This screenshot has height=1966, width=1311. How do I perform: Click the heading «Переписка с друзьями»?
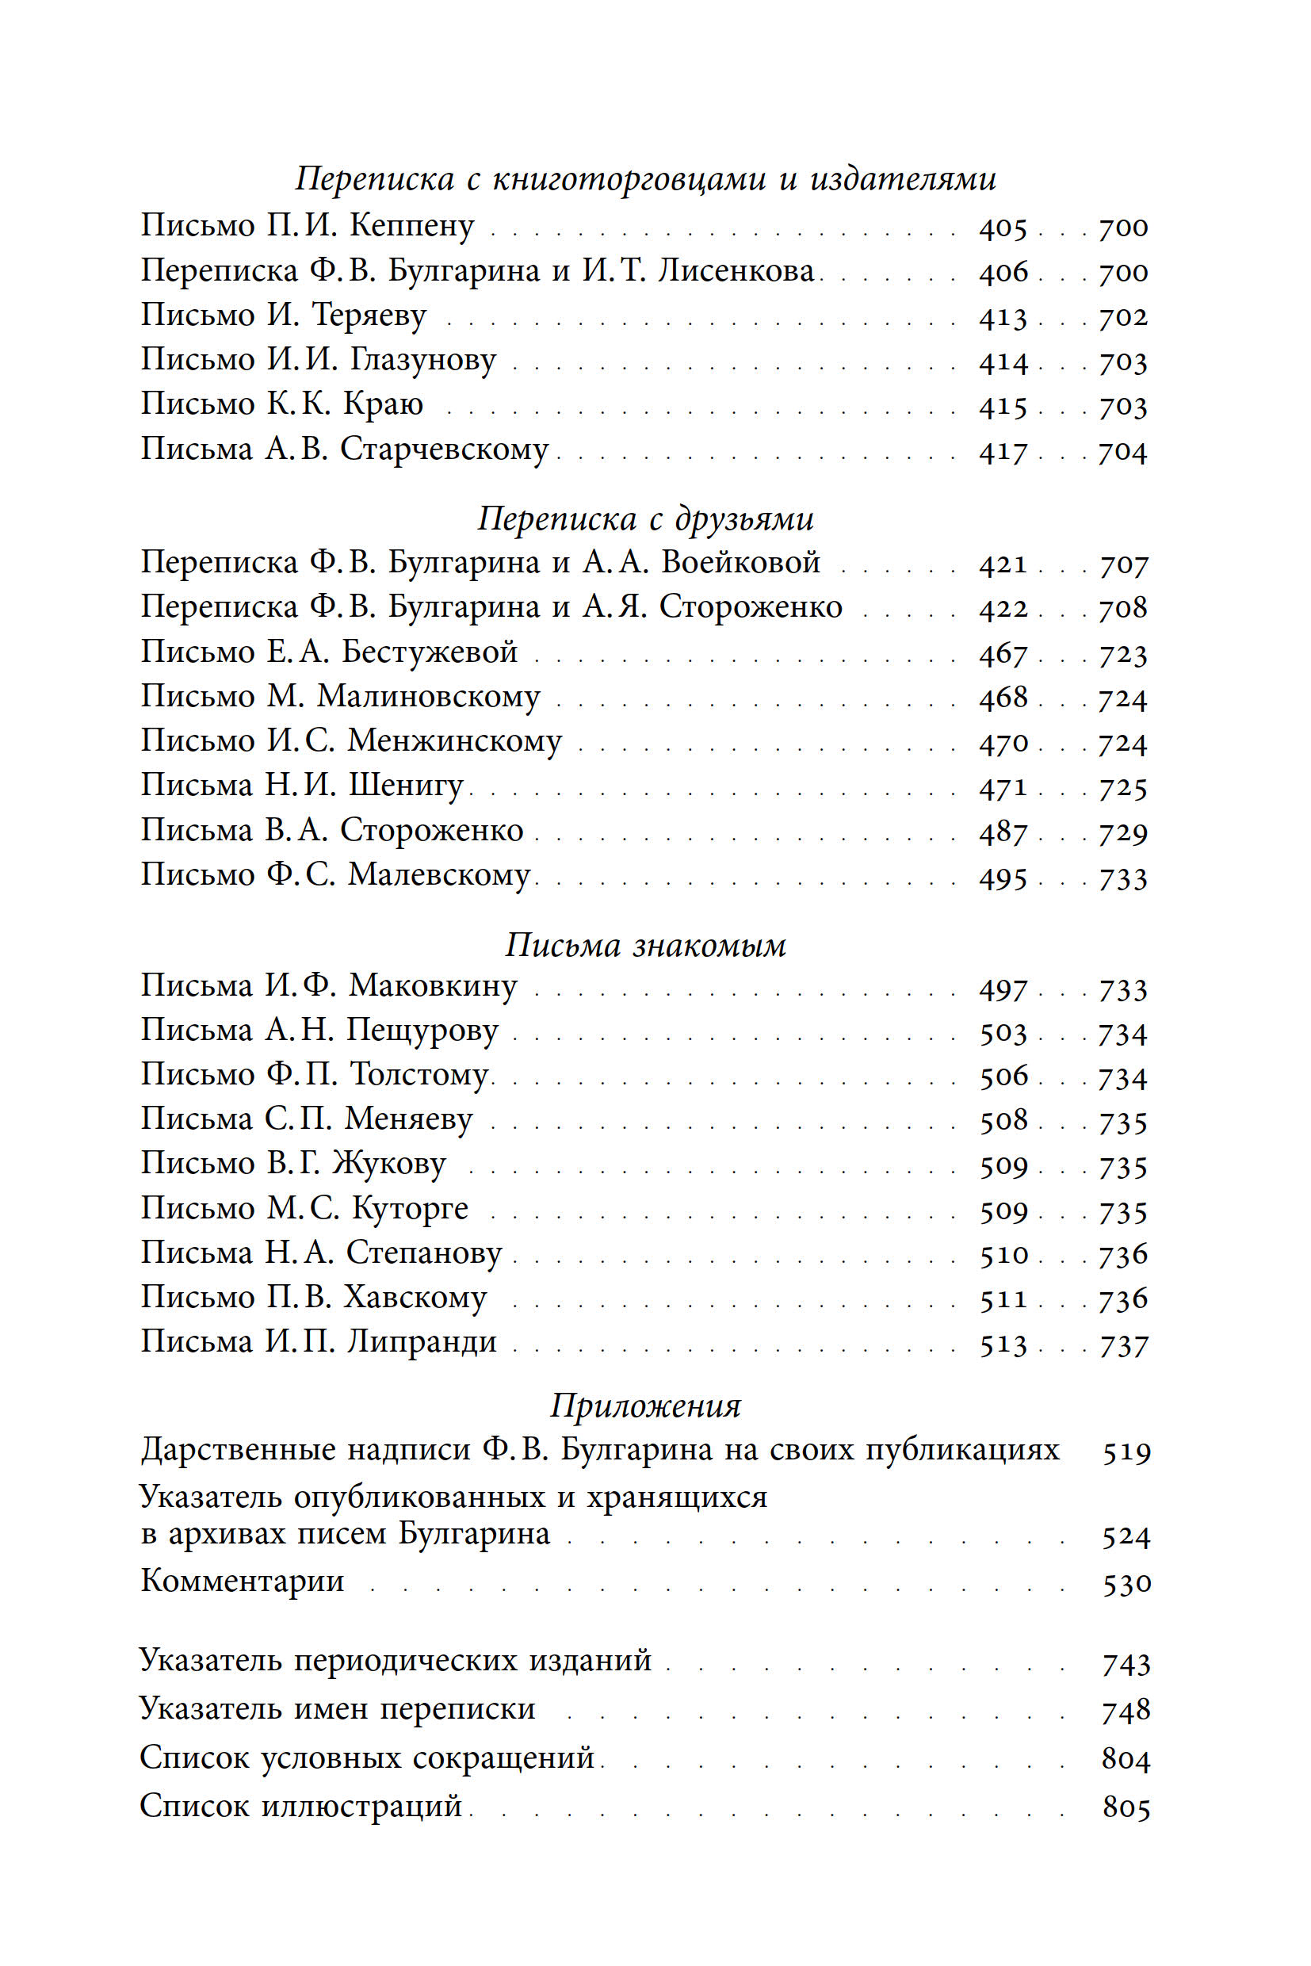[645, 518]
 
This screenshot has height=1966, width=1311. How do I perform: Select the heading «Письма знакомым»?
[645, 945]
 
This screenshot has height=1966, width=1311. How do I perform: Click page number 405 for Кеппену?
[1003, 228]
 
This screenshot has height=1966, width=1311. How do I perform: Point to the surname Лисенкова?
[735, 271]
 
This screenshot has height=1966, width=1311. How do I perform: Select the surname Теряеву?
[369, 316]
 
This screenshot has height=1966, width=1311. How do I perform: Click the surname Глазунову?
[422, 361]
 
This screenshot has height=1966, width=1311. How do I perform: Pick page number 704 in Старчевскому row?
[1123, 452]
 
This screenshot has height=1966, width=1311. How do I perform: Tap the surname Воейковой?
[740, 563]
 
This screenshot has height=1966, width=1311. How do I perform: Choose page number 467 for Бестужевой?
[1003, 653]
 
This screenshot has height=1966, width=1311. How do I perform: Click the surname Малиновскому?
[429, 697]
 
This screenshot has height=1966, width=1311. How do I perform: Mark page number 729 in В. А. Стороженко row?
[1123, 832]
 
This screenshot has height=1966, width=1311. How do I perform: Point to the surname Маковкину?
[432, 986]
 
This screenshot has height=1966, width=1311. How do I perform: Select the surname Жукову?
[389, 1164]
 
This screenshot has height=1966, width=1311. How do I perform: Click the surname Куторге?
[410, 1209]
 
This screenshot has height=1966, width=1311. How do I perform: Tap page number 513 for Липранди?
[1003, 1344]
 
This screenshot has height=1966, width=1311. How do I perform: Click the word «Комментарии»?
[243, 1582]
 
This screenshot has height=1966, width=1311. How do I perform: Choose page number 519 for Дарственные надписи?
[1126, 1452]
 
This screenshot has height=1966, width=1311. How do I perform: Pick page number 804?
[1126, 1758]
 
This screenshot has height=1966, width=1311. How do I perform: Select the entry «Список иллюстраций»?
[301, 1807]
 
